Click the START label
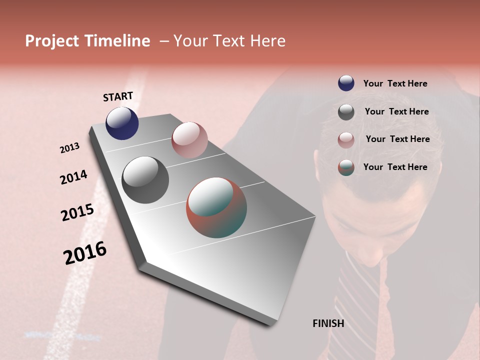point(118,96)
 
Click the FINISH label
point(328,323)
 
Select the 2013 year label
point(69,148)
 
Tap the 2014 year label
point(73,177)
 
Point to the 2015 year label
point(77,212)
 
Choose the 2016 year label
point(85,252)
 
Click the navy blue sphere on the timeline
point(122,123)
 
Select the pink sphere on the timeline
point(189,140)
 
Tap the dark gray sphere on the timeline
point(145,180)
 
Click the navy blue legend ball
point(346,83)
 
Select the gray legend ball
point(346,112)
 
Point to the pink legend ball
point(346,139)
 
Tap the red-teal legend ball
point(346,167)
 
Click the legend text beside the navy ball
point(395,83)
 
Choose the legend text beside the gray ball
point(396,111)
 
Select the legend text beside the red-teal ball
point(395,167)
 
